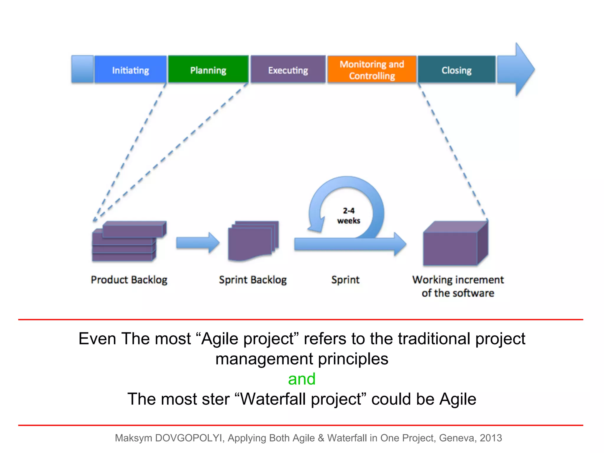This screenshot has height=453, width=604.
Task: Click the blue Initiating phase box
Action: pyautogui.click(x=130, y=70)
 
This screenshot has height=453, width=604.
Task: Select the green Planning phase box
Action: pyautogui.click(x=208, y=70)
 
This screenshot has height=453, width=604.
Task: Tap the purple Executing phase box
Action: pyautogui.click(x=288, y=70)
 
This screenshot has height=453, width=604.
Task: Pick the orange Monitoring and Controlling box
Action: pyautogui.click(x=372, y=70)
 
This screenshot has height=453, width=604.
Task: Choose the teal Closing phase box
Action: pyautogui.click(x=457, y=70)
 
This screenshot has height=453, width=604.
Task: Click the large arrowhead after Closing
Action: pyautogui.click(x=519, y=70)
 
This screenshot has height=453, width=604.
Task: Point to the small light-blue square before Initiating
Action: pyautogui.click(x=82, y=69)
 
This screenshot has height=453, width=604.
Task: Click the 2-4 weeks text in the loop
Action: pyautogui.click(x=349, y=216)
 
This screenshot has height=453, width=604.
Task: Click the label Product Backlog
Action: pyautogui.click(x=129, y=280)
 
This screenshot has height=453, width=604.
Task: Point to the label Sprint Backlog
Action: pyautogui.click(x=253, y=280)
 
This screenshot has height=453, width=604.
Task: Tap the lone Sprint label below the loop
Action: pyautogui.click(x=345, y=280)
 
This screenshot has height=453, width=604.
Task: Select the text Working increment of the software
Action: pyautogui.click(x=458, y=286)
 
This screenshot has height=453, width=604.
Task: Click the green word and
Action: pyautogui.click(x=302, y=379)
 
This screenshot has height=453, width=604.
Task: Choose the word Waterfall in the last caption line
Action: pyautogui.click(x=271, y=399)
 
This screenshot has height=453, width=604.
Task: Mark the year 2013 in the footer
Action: pyautogui.click(x=491, y=438)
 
